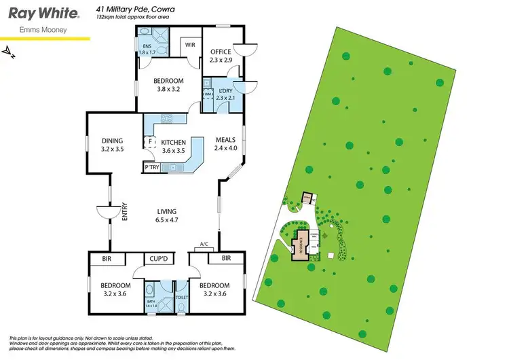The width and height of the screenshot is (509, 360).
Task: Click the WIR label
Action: point(189,46)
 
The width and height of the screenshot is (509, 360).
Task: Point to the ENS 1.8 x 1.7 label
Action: point(147,49)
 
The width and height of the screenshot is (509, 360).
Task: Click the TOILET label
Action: point(181,297)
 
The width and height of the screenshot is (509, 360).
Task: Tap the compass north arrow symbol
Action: point(9,50)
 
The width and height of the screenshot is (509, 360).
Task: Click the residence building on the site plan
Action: point(300,245)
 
